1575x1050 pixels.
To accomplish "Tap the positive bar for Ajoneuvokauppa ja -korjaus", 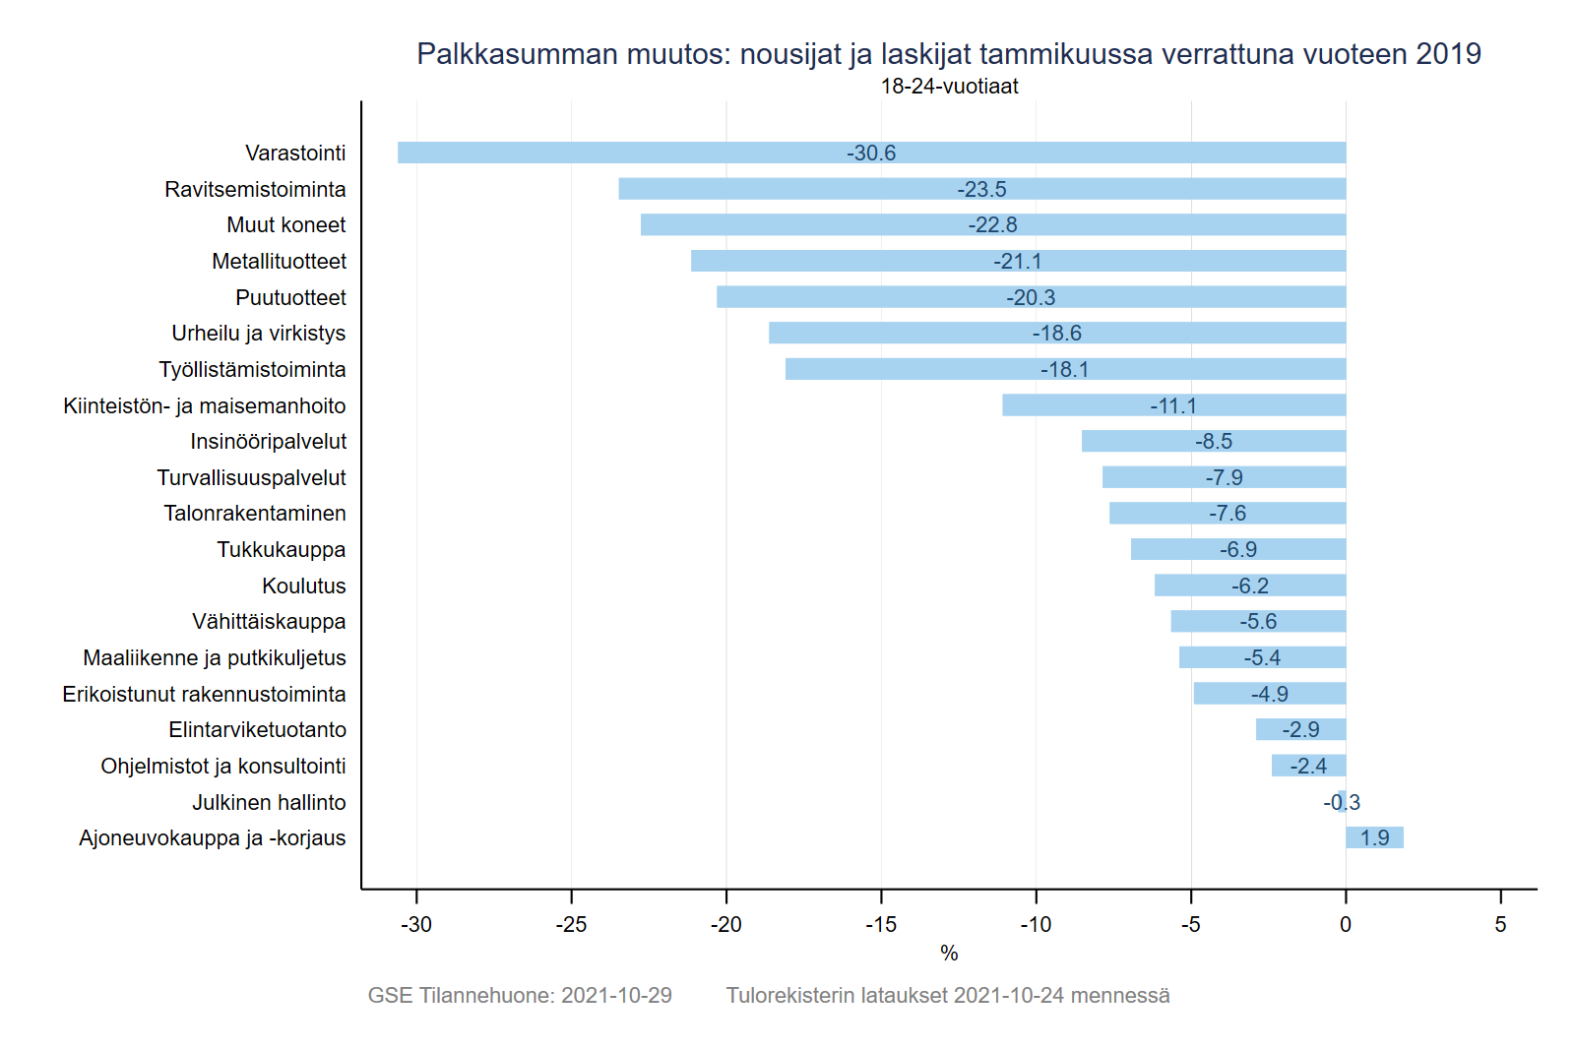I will pos(1374,837).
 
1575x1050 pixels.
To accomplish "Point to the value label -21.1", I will pos(1017,262).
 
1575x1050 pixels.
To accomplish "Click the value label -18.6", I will pos(1056,334).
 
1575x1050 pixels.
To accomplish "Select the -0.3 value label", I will pos(1342,803).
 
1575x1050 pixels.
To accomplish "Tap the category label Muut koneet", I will pos(285,225).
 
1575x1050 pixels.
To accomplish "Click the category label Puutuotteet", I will pos(290,297).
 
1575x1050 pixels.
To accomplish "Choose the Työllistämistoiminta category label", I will pos(252,370).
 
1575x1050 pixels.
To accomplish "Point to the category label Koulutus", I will pos(303,587).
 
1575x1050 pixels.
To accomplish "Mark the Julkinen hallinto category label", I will pos(269,803).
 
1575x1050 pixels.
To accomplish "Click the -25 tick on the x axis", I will pos(571,925).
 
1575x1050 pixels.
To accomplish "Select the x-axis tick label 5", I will pos(1500,925).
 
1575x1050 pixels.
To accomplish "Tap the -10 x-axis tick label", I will pos(1036,925).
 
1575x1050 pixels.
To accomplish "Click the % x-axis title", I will pos(949,954).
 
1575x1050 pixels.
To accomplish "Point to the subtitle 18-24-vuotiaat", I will pos(949,87).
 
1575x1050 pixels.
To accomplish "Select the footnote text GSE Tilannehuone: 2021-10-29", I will pos(520,996).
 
